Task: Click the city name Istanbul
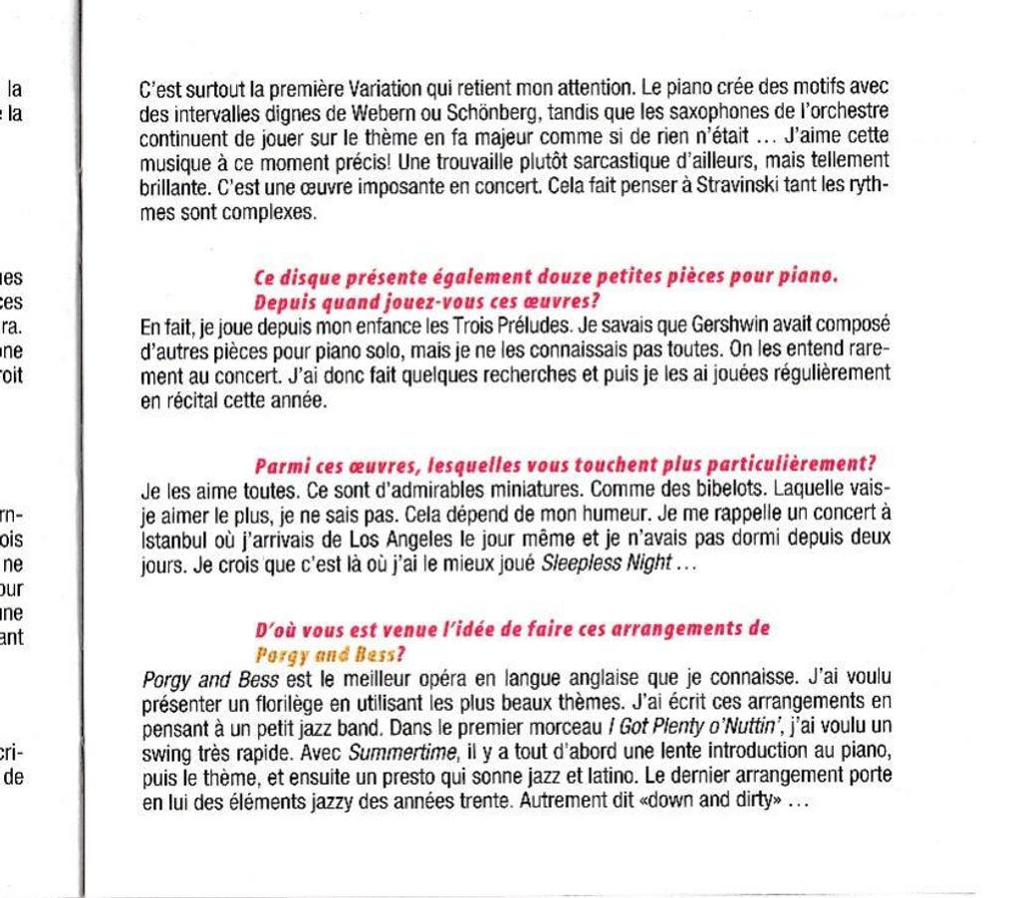coord(174,540)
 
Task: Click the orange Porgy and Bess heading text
coord(330,655)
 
